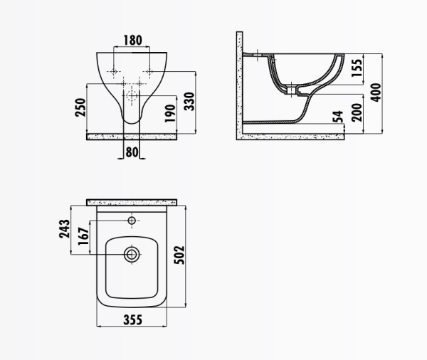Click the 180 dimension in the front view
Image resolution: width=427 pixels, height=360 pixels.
pos(132,40)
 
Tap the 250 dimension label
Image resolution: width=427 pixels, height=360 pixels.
pos(82,107)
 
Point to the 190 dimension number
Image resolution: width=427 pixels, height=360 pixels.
pos(169,114)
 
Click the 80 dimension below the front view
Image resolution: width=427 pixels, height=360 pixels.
pos(132,151)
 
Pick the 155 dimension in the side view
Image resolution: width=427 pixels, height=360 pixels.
pos(358,69)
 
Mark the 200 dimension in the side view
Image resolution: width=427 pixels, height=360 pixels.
pos(358,112)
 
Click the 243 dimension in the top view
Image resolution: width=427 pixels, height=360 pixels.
pos(63,228)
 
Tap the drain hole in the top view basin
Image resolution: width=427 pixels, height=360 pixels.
pos(132,253)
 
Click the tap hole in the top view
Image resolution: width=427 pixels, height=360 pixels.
pos(132,221)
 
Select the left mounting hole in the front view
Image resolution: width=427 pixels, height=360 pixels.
pos(114,72)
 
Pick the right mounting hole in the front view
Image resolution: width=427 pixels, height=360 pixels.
pos(150,72)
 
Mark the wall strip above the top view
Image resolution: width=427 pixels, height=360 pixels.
pos(132,203)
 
